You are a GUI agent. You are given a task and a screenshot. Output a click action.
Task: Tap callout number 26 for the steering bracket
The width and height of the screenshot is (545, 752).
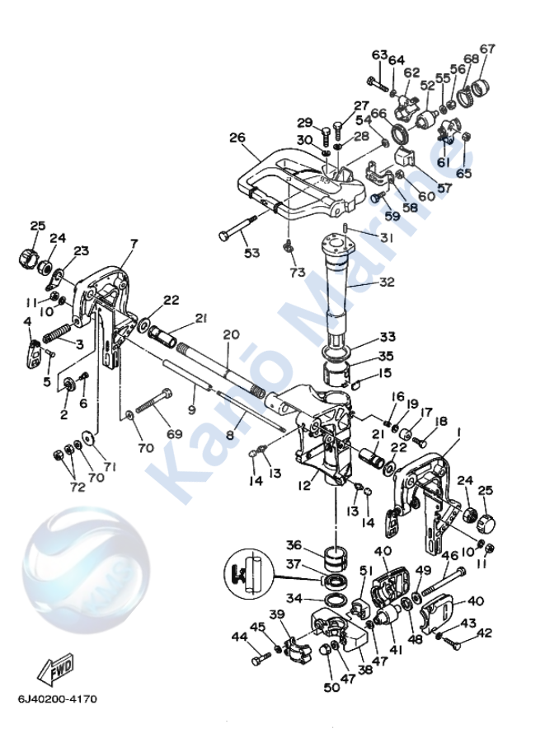(238, 138)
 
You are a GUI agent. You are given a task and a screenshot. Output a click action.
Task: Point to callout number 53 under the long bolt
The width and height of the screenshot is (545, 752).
(251, 253)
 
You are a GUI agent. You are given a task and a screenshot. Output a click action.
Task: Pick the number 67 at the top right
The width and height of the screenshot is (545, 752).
(487, 49)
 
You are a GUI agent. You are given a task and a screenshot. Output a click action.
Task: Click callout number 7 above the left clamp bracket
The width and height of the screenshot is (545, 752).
(134, 244)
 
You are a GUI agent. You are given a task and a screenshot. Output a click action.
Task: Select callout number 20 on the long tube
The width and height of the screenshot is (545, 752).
(230, 334)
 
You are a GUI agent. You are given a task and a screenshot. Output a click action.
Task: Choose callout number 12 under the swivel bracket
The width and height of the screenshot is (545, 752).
(304, 487)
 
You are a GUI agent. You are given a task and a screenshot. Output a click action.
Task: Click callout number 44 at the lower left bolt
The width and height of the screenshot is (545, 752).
(239, 637)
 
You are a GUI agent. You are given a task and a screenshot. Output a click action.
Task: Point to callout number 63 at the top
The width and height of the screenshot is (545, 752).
(378, 55)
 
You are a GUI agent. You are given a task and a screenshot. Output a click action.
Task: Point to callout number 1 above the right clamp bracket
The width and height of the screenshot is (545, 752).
(458, 431)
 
